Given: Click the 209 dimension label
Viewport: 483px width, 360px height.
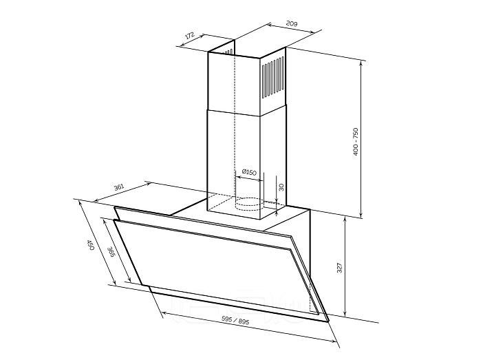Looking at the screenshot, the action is pos(292,23).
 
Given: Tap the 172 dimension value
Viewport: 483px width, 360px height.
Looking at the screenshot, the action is pos(190,35).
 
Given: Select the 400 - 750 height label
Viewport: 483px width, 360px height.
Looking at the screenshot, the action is pos(356,142).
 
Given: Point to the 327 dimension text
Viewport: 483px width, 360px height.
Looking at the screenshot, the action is pos(339,268).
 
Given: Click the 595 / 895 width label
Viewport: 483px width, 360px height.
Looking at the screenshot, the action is pos(236,321).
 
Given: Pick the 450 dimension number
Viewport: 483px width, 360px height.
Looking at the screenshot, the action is pos(90,245).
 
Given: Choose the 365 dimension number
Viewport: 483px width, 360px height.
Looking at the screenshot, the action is pos(111,253).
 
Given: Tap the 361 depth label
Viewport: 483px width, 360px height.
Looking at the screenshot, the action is pos(119,187).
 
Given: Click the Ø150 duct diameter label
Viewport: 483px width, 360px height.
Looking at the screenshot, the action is pos(249,172).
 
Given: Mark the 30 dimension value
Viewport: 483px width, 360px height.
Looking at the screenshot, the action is pos(281,187).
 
